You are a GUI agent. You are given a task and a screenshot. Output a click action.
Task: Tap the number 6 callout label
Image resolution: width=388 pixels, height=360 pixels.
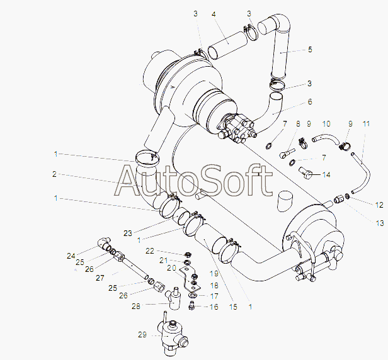[309, 101]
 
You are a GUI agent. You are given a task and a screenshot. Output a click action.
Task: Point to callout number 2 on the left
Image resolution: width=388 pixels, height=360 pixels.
[55, 174]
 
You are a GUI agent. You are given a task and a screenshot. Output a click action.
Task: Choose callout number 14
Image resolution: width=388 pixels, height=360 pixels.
[326, 174]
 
